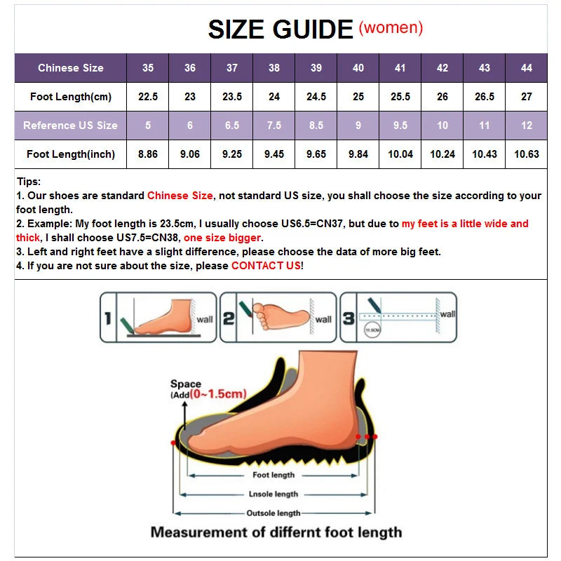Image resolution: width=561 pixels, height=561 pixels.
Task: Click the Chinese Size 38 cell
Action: click(274, 68)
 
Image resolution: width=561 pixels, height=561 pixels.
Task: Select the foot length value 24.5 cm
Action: click(316, 97)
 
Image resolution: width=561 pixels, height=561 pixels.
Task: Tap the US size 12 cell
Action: click(527, 126)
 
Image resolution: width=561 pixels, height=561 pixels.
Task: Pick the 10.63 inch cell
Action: click(527, 154)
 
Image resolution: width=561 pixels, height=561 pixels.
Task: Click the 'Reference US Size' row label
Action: click(70, 126)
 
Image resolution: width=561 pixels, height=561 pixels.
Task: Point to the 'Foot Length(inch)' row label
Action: click(70, 154)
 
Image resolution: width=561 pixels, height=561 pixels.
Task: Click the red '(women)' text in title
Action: click(391, 28)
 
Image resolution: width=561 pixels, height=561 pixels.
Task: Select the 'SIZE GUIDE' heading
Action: click(280, 29)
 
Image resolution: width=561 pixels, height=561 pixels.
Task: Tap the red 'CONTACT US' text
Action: click(266, 266)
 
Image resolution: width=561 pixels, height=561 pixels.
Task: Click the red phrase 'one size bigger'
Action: click(222, 238)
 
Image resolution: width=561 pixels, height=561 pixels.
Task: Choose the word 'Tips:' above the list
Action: click(29, 182)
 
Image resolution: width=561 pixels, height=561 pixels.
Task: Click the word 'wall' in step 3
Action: click(447, 314)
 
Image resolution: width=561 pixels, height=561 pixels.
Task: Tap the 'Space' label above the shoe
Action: click(186, 384)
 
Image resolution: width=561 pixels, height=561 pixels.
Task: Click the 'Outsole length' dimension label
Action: click(273, 513)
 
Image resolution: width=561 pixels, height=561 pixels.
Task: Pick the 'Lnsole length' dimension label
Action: click(273, 494)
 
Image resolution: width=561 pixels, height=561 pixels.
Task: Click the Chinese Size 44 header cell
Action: click(527, 68)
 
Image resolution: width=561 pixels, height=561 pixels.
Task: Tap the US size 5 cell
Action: click(148, 126)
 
